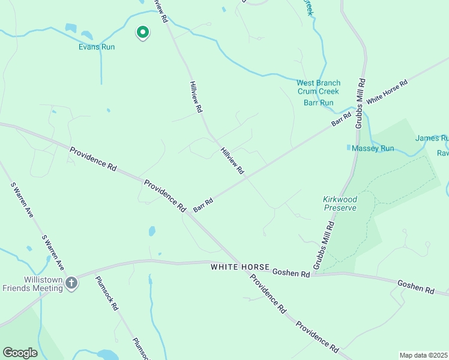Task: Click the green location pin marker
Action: (142, 32)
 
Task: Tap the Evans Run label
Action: (96, 47)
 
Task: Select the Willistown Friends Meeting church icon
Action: (71, 283)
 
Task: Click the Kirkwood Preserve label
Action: (340, 203)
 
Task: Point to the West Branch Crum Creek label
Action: (318, 87)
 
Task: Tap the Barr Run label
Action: (318, 103)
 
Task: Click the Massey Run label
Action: (373, 148)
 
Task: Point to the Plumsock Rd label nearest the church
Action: (106, 293)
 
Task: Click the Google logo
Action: (20, 353)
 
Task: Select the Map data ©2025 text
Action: (424, 355)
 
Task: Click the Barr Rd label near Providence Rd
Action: (203, 205)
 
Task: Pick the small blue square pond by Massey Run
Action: (349, 147)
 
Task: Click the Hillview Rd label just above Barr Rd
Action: (232, 161)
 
